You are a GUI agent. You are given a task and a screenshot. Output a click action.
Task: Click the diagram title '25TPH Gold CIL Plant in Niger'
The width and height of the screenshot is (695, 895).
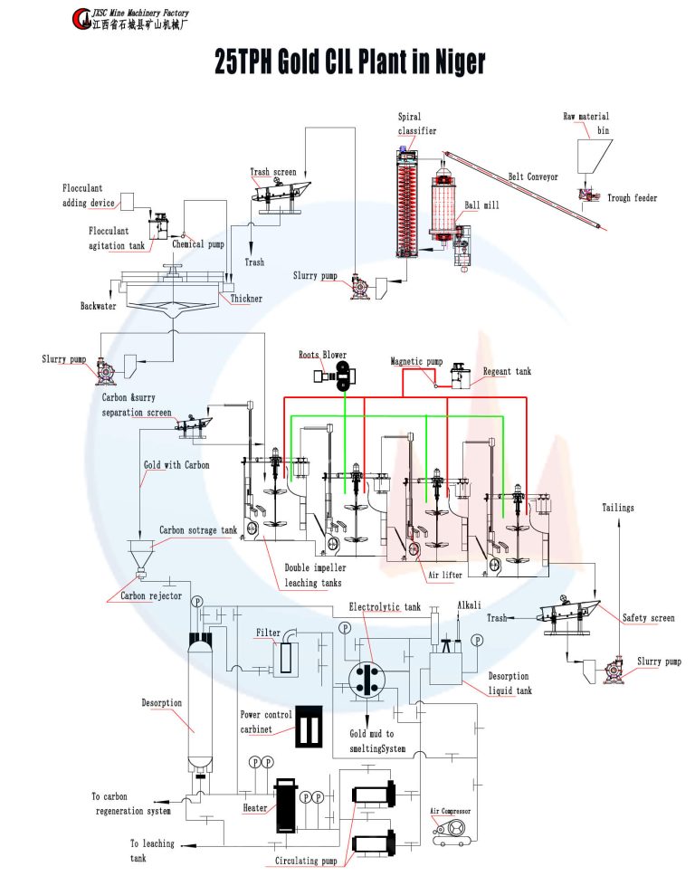(349, 62)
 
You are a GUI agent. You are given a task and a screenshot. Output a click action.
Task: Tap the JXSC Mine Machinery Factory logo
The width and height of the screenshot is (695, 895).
(80, 18)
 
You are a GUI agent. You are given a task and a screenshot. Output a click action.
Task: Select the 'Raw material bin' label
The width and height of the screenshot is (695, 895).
(586, 123)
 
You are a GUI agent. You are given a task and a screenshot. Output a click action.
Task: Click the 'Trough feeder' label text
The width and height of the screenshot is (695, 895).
(632, 198)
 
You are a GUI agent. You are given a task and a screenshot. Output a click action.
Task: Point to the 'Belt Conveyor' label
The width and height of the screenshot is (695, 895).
(532, 177)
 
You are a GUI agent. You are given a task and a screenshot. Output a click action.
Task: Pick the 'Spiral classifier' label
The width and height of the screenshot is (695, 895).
(416, 124)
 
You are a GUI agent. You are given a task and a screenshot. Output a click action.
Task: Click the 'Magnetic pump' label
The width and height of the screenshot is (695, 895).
(419, 361)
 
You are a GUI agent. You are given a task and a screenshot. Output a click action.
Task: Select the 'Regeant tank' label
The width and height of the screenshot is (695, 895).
(509, 371)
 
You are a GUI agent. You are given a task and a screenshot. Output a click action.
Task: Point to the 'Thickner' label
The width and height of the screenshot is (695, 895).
(246, 299)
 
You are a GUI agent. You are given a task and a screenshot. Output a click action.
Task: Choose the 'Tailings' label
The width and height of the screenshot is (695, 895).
(618, 508)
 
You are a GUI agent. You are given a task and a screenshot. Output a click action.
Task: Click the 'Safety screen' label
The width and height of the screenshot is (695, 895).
(648, 619)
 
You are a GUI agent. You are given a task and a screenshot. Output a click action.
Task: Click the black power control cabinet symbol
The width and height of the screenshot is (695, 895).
(309, 727)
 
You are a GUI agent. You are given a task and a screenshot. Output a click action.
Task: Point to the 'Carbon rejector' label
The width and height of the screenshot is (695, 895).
(151, 596)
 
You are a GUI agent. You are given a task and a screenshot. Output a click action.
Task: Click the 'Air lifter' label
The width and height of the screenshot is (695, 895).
(444, 575)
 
